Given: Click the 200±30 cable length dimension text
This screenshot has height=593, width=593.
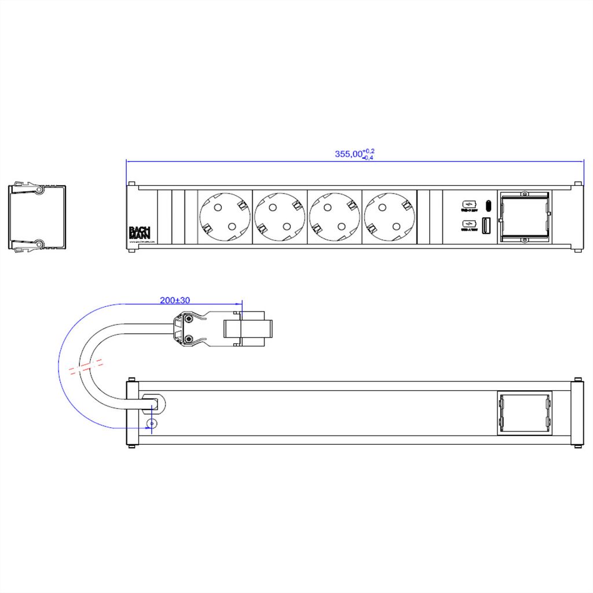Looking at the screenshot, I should [175, 301].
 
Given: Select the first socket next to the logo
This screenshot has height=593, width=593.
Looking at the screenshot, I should [225, 218].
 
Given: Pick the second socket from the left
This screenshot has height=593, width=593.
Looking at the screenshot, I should [280, 218].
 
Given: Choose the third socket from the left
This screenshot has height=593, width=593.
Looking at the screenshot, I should [335, 218].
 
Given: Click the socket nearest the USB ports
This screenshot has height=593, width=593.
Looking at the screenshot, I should [389, 218].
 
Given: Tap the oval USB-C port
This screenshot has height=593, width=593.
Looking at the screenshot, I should [488, 205].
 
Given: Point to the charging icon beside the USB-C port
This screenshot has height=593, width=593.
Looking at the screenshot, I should [468, 204].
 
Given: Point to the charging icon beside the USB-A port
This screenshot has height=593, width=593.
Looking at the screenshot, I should [468, 224].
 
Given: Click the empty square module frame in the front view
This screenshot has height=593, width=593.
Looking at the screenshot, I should [524, 218].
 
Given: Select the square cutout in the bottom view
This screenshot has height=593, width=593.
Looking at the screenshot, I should [524, 413].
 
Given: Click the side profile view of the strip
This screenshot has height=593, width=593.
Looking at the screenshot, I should [37, 218].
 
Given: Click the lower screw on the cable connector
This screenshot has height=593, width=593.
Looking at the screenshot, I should [188, 339].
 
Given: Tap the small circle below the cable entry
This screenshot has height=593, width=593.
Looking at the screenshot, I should [152, 424].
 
